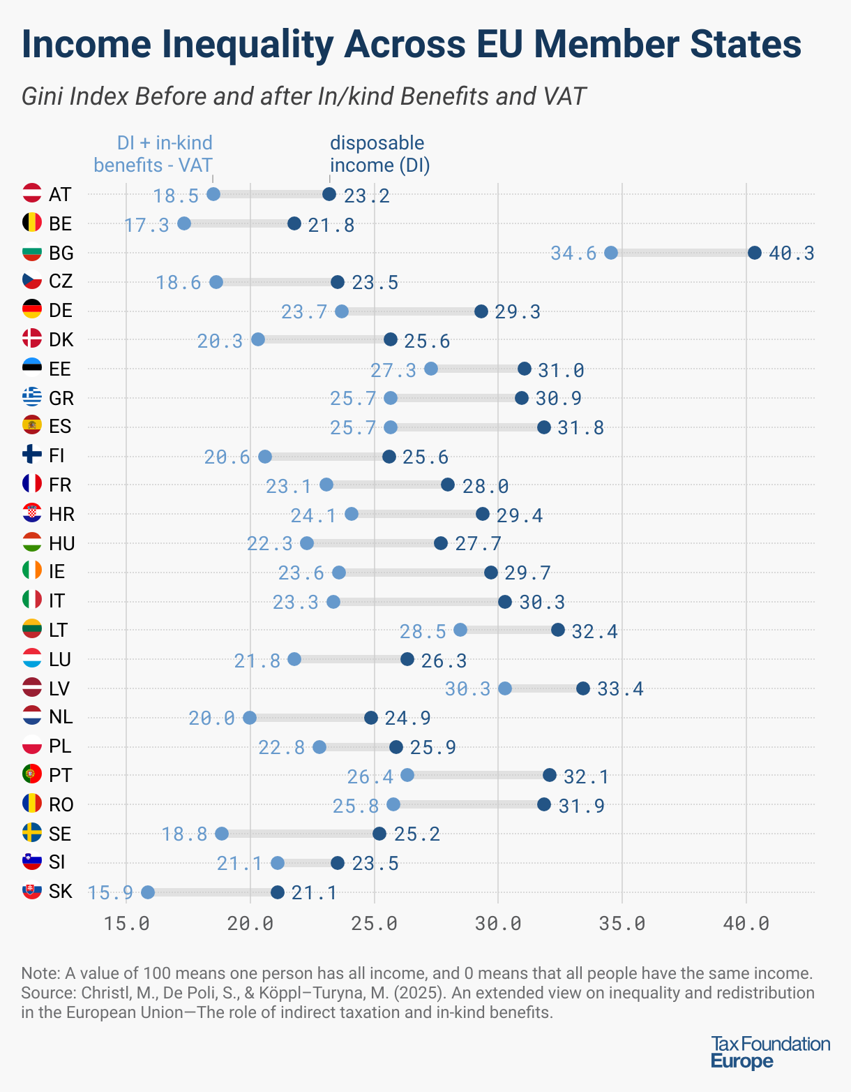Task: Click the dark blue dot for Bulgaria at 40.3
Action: [754, 253]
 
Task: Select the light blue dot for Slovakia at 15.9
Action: [148, 892]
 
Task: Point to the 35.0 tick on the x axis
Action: [622, 923]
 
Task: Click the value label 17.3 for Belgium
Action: [147, 225]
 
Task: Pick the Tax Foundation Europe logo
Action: [770, 1053]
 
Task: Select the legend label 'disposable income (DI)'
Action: [379, 154]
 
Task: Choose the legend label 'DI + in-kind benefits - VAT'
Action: [153, 154]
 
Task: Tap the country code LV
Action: [59, 689]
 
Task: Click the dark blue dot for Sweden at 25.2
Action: [379, 834]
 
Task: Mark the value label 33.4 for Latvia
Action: [620, 690]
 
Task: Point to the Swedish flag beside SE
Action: [32, 832]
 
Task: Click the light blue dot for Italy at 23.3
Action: [333, 602]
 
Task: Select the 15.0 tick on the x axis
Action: [126, 923]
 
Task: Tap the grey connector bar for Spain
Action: [467, 427]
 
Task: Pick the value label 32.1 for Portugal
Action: [586, 776]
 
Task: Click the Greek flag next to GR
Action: [32, 397]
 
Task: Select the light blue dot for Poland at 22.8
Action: [319, 747]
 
